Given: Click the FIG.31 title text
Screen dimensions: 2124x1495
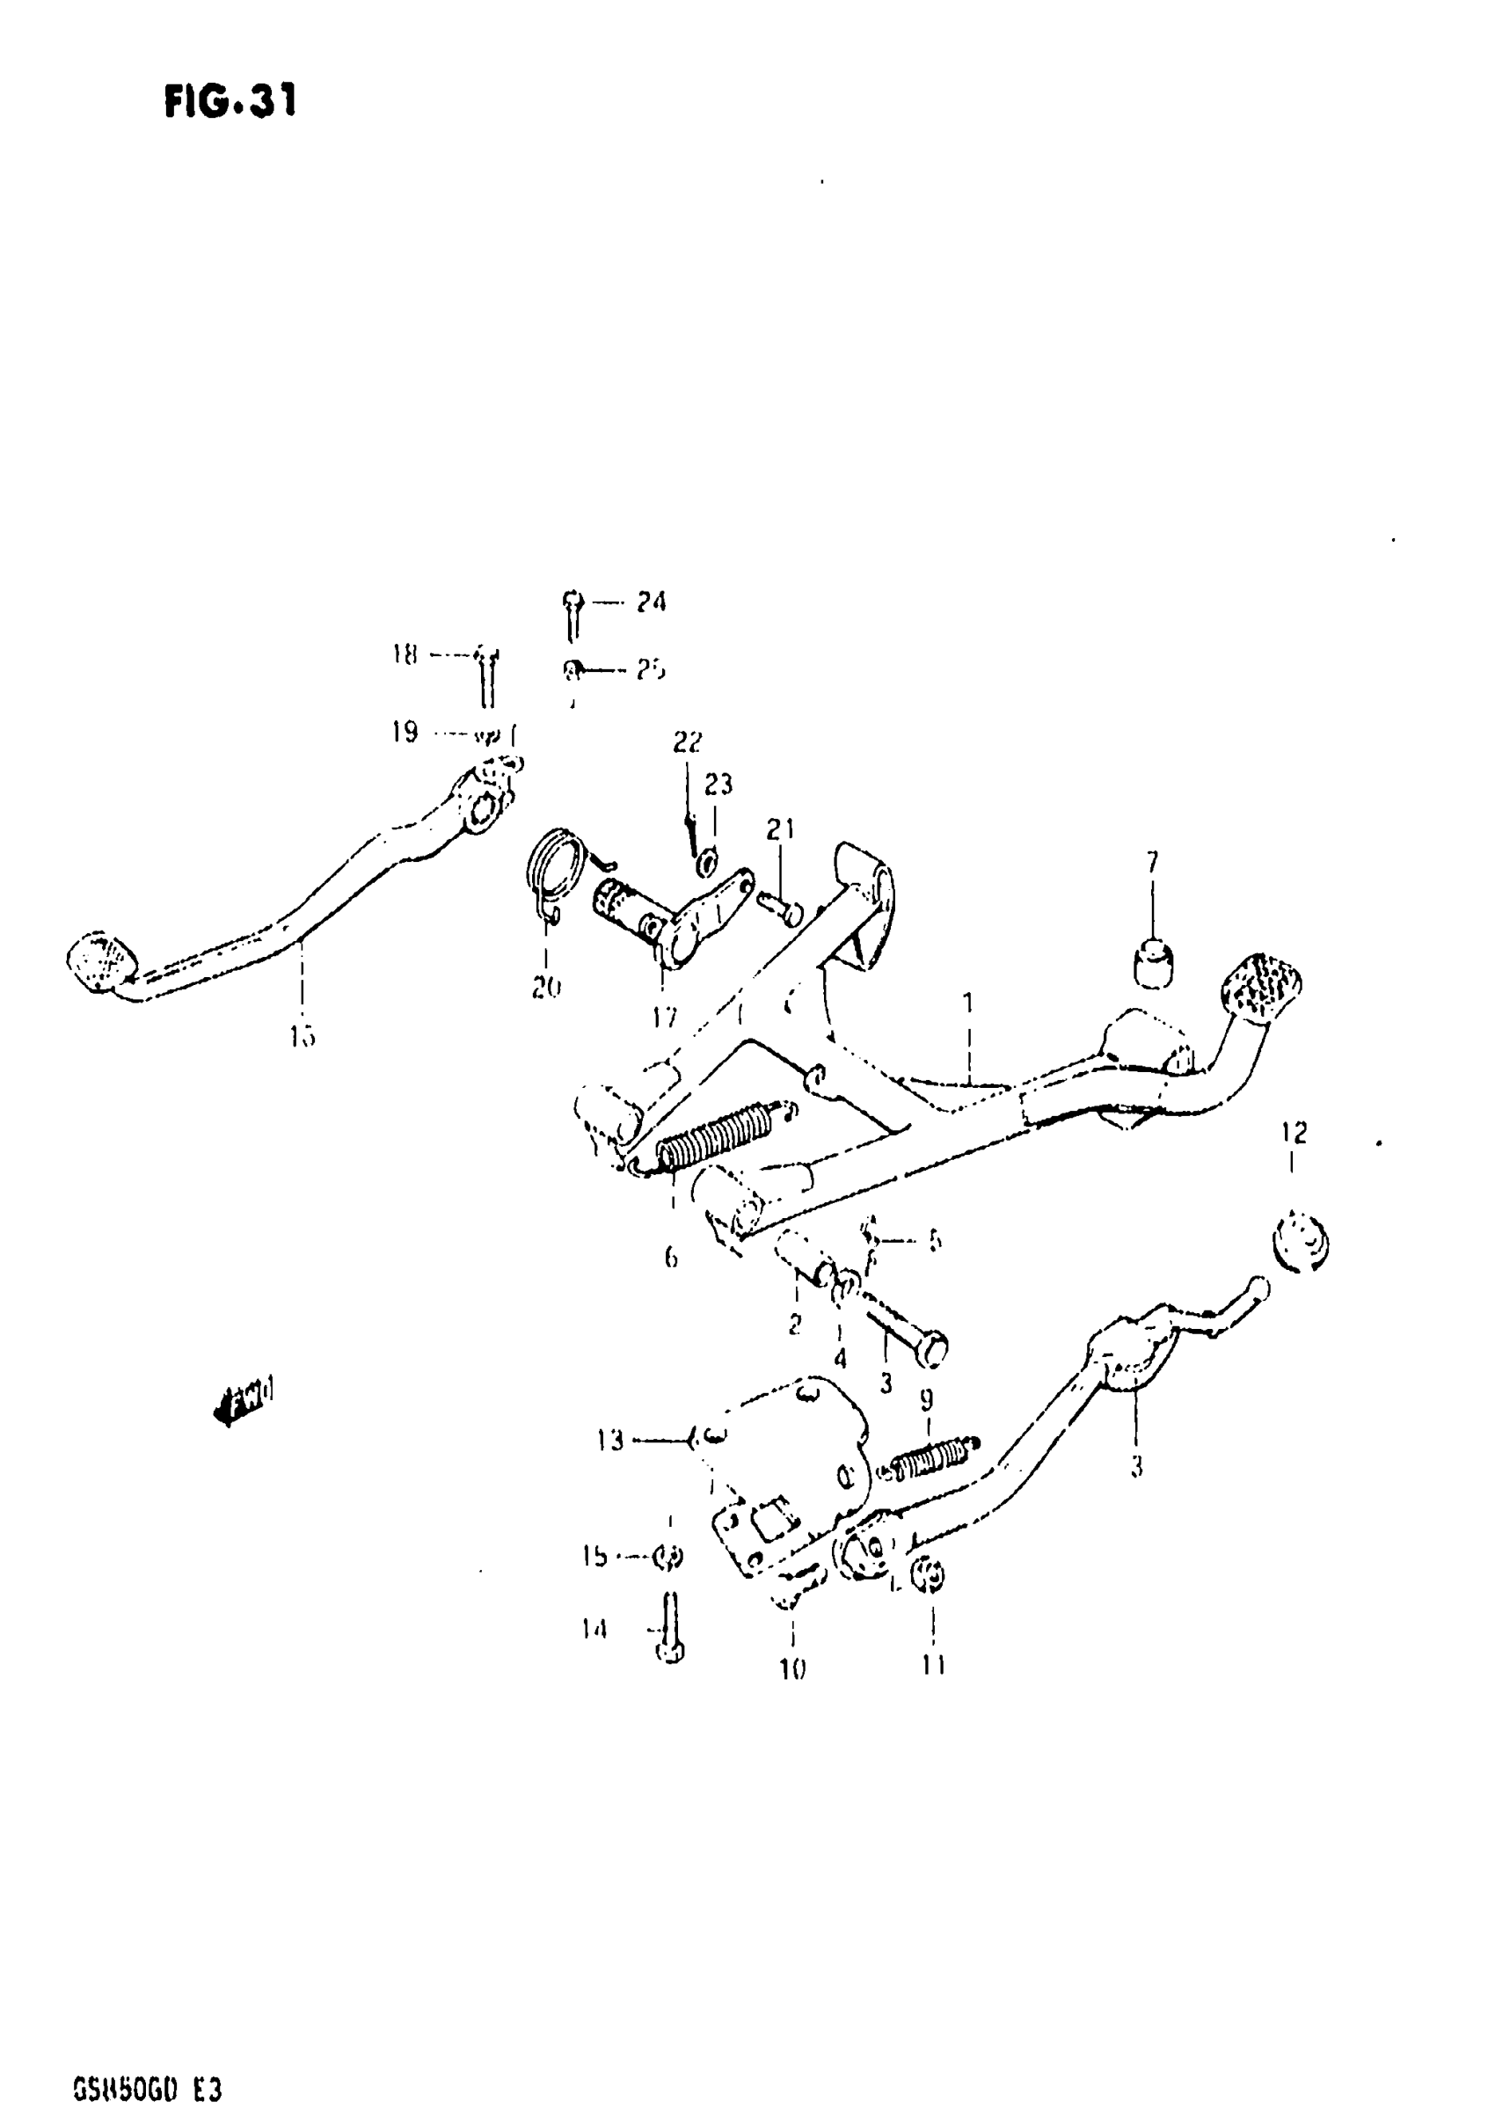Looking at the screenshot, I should click(230, 101).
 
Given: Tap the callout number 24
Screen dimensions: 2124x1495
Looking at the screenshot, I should click(651, 602).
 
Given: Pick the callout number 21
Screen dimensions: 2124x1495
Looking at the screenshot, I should click(780, 828).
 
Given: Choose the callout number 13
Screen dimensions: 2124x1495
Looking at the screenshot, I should click(610, 1441).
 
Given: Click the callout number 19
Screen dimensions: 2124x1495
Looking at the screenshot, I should click(405, 733).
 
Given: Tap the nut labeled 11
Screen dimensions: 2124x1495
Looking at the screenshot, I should click(930, 1576).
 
